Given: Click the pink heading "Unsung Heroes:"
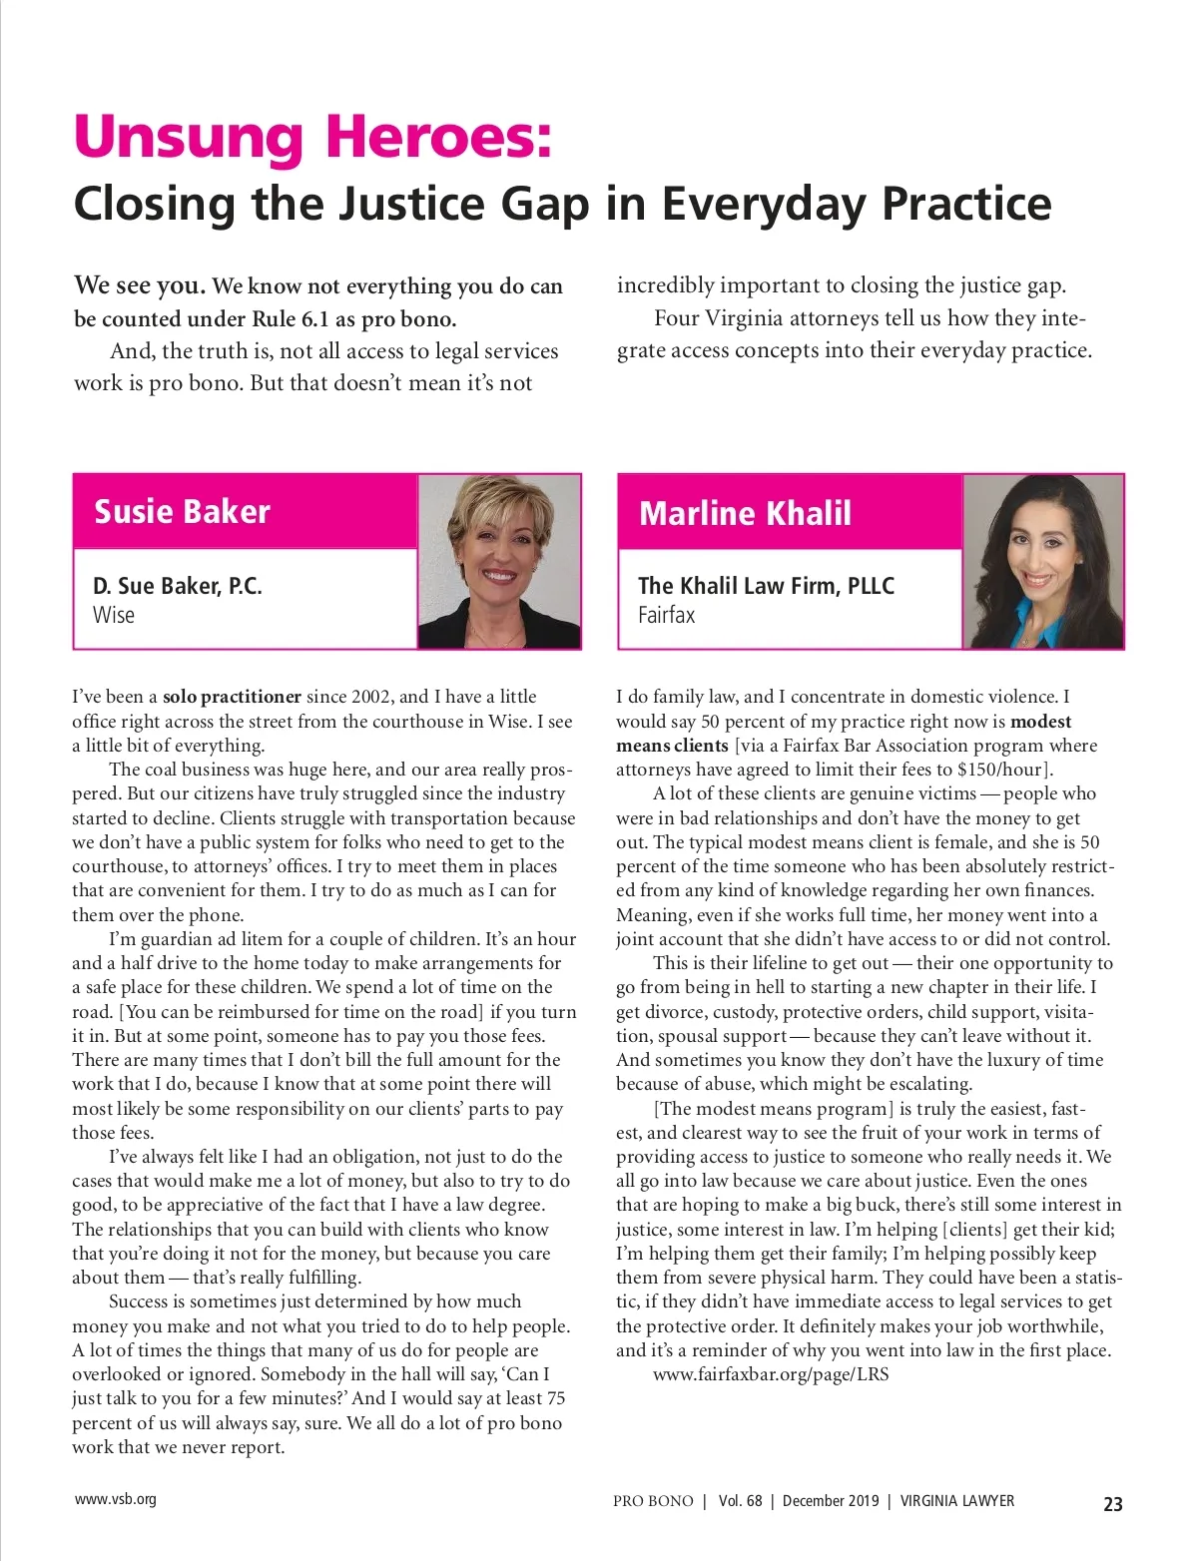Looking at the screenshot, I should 312,137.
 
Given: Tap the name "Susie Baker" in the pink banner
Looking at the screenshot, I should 182,511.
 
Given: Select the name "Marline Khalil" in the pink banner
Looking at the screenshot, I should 745,513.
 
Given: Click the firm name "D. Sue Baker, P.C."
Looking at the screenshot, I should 178,586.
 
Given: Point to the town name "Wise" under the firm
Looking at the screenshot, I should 114,615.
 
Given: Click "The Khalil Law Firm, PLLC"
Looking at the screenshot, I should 766,586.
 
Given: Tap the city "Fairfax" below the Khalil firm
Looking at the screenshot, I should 666,615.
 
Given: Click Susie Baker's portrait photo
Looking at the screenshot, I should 499,562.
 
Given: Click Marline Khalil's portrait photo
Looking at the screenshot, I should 1043,562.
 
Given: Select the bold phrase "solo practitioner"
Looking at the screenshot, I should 232,697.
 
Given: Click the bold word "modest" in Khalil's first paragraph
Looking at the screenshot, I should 1040,721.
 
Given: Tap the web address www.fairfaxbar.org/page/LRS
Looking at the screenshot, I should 771,1374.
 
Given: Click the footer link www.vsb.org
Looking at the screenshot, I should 115,1499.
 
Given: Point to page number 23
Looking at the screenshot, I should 1112,1504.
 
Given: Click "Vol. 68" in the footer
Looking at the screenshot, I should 740,1501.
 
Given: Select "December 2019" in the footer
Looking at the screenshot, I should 831,1501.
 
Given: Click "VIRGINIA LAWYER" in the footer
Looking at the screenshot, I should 956,1501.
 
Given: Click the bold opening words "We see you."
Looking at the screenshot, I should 140,285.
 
